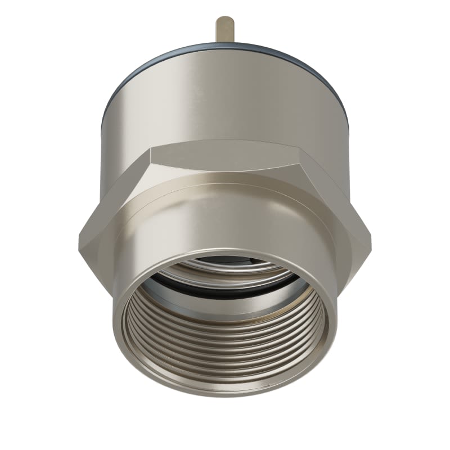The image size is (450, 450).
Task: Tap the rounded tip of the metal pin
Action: [x=225, y=18]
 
